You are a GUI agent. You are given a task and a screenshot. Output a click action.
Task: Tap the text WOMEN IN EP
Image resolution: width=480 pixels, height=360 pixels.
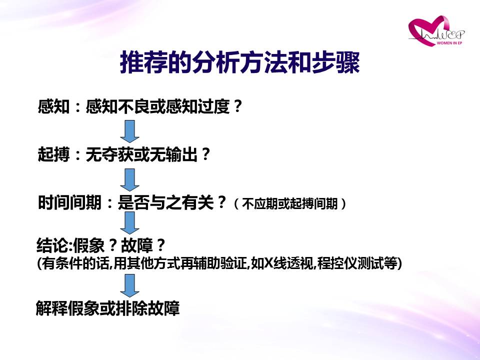point(449,43)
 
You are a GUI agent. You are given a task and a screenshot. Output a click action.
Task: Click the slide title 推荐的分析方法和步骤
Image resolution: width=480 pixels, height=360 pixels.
point(239,62)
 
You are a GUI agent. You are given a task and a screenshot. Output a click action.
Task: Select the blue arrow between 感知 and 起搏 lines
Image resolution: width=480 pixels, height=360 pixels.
point(130,131)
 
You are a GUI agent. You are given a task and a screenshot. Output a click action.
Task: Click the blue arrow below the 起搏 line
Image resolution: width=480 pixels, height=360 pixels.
point(130,180)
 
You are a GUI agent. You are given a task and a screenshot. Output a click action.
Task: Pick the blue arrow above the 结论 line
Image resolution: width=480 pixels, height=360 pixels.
point(130,223)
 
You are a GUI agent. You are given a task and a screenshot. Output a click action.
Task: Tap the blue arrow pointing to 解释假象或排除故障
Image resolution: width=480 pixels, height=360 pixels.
point(130,285)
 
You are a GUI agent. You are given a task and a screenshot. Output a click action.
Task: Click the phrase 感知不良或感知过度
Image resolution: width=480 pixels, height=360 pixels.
point(157,106)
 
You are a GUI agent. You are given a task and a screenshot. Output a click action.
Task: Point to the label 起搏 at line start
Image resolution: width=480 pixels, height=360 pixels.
point(53,154)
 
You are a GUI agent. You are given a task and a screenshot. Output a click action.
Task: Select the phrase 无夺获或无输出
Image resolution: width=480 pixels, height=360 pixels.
point(141,154)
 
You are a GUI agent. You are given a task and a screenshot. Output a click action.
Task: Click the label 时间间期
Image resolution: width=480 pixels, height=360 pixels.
point(69,202)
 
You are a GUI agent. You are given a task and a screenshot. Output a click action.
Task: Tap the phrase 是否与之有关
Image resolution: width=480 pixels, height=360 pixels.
point(165,202)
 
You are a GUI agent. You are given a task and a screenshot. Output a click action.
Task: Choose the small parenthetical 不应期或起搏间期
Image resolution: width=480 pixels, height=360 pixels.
point(289,203)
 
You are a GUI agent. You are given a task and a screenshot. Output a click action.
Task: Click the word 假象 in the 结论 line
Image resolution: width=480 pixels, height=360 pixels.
point(89,245)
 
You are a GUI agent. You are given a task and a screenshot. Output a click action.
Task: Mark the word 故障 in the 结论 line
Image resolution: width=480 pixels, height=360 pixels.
point(137,245)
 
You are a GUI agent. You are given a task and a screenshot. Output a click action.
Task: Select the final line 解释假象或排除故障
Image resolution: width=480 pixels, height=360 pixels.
point(108,308)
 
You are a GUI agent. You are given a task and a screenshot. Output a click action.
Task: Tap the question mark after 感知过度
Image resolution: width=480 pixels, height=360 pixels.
point(237,106)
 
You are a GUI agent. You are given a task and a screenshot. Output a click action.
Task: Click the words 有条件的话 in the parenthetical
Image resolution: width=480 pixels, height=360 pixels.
point(74,263)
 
